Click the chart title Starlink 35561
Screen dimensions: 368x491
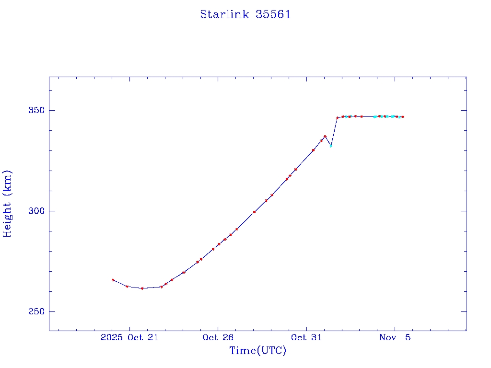(245, 14)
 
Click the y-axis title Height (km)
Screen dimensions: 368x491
(7, 204)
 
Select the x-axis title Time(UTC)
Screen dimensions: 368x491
(258, 351)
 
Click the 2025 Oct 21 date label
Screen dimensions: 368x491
(129, 337)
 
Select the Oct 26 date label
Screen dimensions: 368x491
(218, 337)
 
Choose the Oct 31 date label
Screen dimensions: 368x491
(306, 337)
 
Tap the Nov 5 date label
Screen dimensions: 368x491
(395, 337)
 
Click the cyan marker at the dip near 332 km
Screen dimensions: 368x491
(331, 145)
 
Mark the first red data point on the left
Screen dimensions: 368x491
(113, 280)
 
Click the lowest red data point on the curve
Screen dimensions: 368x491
(142, 288)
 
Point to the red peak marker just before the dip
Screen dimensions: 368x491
(325, 137)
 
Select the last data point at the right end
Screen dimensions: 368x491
(403, 117)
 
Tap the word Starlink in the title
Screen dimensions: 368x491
(224, 14)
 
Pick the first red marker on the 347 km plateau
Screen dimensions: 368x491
(338, 118)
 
